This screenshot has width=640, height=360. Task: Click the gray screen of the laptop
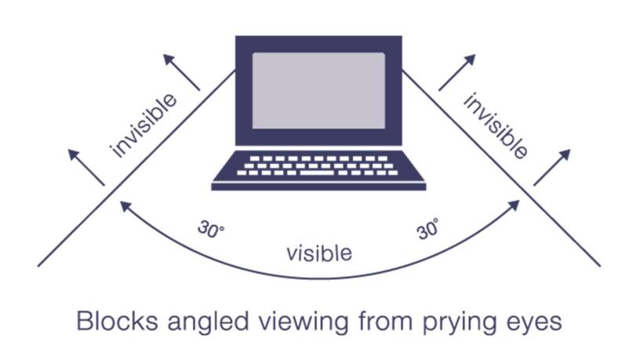[318, 90]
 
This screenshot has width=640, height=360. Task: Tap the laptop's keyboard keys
[318, 165]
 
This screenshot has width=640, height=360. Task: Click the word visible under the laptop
[319, 253]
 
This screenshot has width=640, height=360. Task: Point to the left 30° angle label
[210, 233]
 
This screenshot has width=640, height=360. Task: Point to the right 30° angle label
[427, 231]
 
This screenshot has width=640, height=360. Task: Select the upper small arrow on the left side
[181, 71]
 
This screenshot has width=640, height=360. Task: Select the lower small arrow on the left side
[86, 167]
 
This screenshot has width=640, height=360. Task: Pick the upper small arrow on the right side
[456, 71]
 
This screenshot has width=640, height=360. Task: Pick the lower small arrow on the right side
[552, 166]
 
